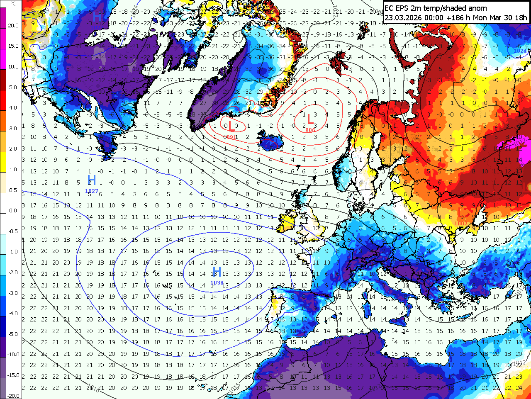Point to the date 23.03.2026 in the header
[x=401, y=17]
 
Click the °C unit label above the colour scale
[x=13, y=3]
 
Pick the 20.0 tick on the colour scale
[x=13, y=25]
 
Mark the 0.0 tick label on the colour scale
[x=13, y=210]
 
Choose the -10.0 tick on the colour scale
[x=13, y=355]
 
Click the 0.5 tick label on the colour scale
[x=13, y=190]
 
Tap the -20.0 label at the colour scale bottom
[x=13, y=396]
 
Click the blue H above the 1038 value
[x=217, y=272]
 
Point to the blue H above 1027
[x=92, y=180]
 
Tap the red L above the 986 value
[x=309, y=120]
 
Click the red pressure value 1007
[x=460, y=224]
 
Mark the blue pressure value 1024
[x=520, y=51]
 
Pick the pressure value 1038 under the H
[x=217, y=283]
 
